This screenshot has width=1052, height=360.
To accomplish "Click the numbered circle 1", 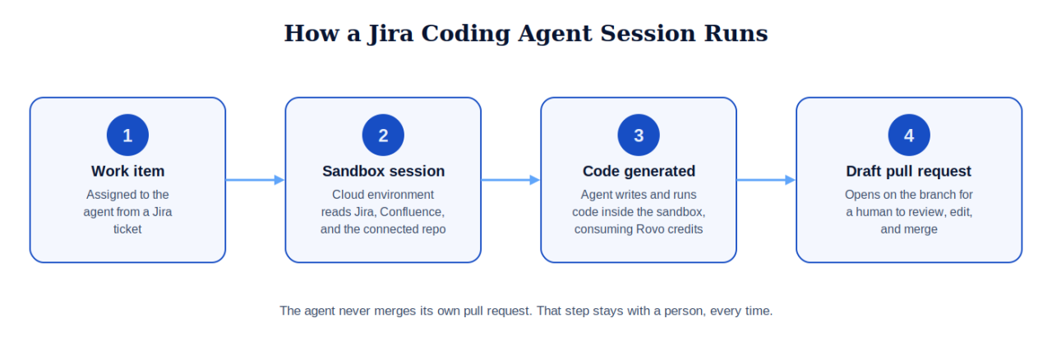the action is [x=127, y=135].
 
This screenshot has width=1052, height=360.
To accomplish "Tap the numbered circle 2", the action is [x=383, y=135].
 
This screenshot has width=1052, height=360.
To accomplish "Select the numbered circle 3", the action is [x=639, y=135].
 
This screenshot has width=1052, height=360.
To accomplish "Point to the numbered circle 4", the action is [x=909, y=135].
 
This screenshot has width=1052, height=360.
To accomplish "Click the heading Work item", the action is [x=127, y=171].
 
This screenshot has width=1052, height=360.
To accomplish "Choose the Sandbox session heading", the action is [x=383, y=171].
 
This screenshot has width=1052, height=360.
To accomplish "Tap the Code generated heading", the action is [x=639, y=172].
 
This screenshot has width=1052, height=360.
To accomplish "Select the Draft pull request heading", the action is [x=909, y=172].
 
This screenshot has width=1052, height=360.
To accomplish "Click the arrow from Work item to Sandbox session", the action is [x=255, y=180].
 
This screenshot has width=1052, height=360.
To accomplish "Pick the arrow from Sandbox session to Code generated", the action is [x=510, y=180].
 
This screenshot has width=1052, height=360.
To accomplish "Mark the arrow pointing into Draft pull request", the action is [x=766, y=180].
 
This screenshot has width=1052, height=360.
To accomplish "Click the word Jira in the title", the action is [x=390, y=34].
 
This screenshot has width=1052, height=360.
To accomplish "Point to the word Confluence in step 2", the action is [x=412, y=212].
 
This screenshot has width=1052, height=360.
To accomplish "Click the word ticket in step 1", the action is [x=127, y=229].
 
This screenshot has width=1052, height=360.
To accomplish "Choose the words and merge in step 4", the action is [x=909, y=230].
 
